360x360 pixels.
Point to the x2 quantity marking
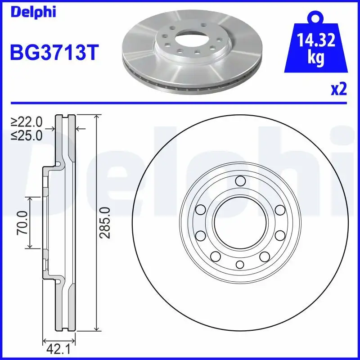point(338,90)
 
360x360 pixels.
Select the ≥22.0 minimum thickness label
point(27,121)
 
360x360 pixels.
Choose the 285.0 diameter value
point(105,222)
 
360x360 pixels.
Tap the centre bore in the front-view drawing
point(240,222)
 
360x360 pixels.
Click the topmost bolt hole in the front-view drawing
point(240,181)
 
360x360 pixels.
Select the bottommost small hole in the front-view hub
point(240,264)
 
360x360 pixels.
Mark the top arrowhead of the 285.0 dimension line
point(96,117)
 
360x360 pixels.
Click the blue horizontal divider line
point(180,103)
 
